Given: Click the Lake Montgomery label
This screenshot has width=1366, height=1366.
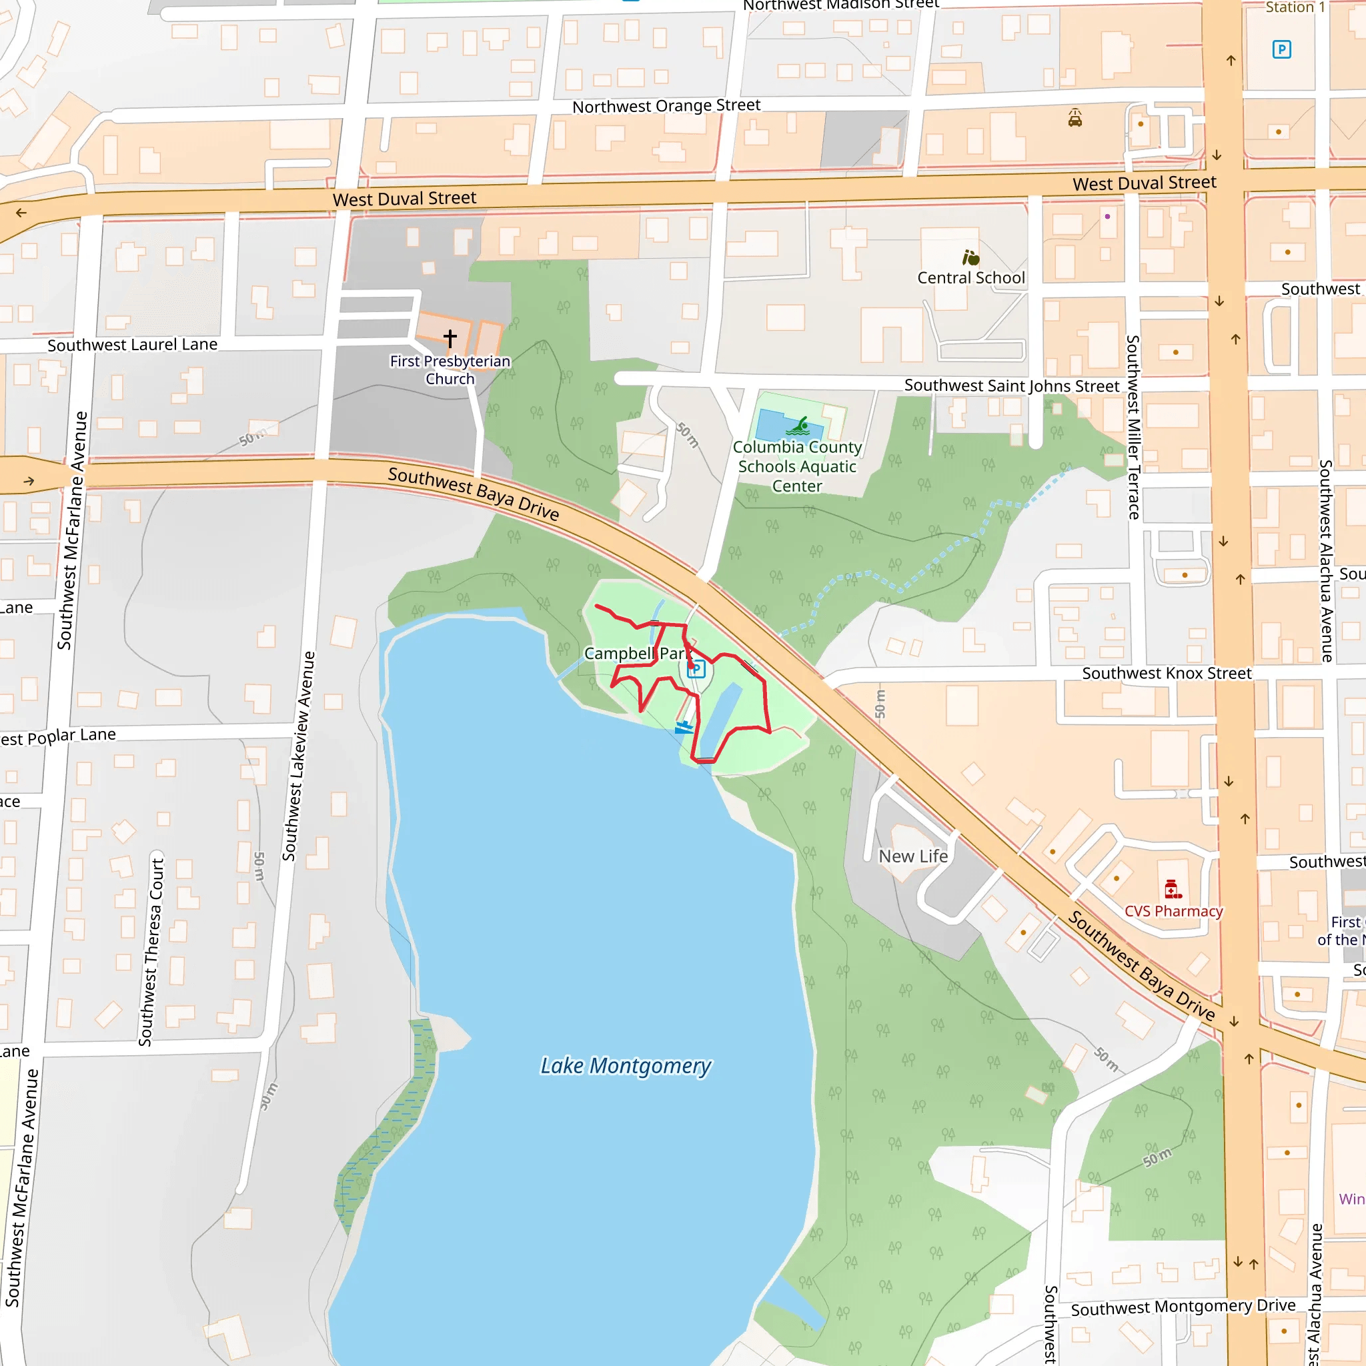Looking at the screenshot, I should (x=626, y=1065).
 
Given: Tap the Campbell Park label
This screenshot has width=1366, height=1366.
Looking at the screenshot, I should (x=636, y=653).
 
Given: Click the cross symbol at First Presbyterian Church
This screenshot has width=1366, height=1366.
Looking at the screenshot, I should (x=450, y=338).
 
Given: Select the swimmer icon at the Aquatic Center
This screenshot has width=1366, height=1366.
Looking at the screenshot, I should (x=800, y=426).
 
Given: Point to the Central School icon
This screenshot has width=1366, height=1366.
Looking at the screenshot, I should (x=970, y=257).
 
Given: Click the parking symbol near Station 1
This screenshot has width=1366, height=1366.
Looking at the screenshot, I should (x=1281, y=49).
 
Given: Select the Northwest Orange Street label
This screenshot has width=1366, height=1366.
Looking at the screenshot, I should (x=666, y=106).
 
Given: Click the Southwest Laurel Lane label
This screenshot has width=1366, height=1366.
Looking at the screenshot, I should (x=132, y=345).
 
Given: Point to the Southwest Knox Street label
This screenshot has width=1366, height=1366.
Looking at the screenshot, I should (x=1167, y=673).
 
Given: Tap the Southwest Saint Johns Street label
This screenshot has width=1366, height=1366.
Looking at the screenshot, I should (x=1012, y=386).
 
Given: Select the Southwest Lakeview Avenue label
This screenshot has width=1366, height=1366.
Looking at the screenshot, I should (x=298, y=756).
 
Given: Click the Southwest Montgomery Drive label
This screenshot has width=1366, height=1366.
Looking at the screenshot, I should (x=1183, y=1307).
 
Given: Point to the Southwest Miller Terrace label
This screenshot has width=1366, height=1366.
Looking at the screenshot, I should (x=1133, y=427).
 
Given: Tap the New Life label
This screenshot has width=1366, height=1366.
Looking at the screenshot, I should (x=913, y=856).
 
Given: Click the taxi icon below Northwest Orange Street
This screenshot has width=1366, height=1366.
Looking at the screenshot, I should (x=1075, y=118).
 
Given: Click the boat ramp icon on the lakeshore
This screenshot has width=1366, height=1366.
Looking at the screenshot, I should (x=684, y=727).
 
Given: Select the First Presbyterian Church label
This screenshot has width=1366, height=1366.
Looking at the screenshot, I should (x=450, y=370).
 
